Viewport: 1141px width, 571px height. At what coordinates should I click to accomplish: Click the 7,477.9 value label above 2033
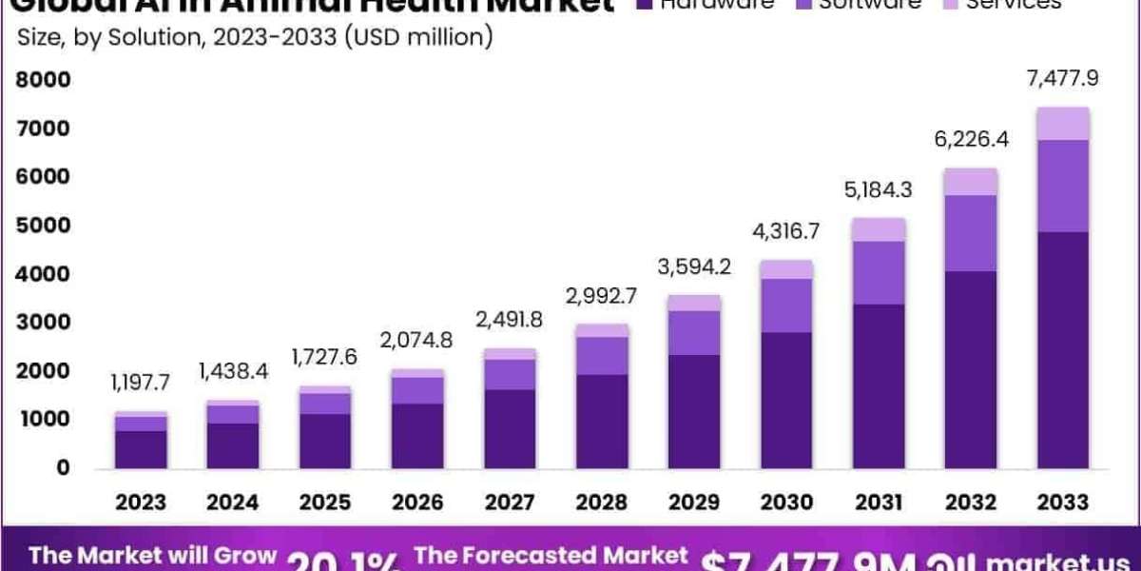[x=1062, y=78]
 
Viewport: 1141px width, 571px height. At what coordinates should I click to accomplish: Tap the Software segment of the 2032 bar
[x=971, y=233]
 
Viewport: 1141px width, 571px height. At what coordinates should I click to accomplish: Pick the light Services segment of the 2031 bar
[x=879, y=229]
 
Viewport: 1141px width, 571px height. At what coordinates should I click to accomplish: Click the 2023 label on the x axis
[x=141, y=502]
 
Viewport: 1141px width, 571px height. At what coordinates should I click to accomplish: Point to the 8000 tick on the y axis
[x=43, y=80]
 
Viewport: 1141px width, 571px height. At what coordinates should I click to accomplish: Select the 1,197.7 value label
[x=141, y=383]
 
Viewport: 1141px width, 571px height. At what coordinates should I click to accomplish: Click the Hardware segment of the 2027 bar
[x=510, y=428]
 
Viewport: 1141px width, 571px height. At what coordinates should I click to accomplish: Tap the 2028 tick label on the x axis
[x=602, y=502]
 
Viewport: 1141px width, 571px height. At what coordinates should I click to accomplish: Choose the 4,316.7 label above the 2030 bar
[x=786, y=230]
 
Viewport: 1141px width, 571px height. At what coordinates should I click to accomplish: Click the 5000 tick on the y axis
[x=43, y=226]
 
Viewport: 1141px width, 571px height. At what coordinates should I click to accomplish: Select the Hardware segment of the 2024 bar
[x=233, y=445]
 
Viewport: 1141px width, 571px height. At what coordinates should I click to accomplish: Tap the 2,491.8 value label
[x=510, y=320]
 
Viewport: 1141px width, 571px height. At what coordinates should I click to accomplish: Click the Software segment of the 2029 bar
[x=694, y=332]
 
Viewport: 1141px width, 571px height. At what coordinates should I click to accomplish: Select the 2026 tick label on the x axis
[x=417, y=502]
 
